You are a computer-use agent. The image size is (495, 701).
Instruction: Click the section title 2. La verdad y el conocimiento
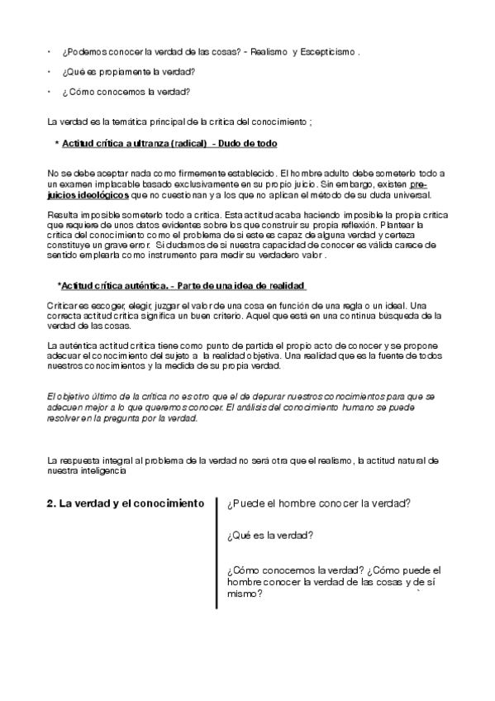click(125, 503)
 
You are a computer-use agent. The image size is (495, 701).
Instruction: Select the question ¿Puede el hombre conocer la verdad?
click(319, 503)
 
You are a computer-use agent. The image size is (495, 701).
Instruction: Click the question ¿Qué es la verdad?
click(269, 536)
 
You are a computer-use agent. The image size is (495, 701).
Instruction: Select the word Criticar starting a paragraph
click(61, 305)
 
